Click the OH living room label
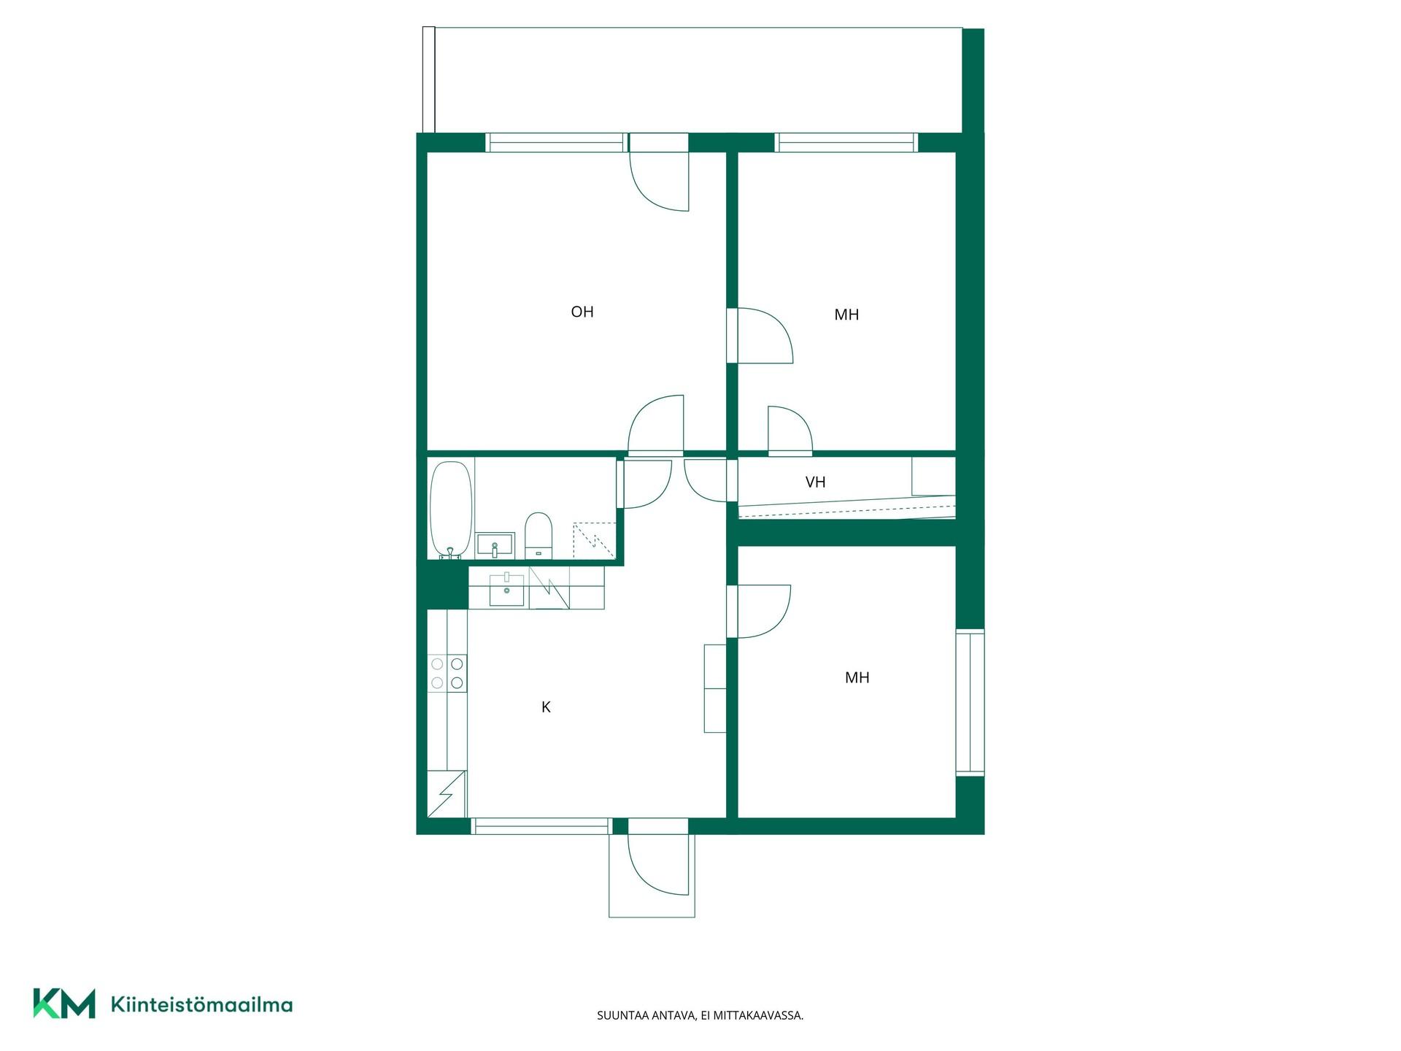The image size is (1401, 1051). [x=582, y=312]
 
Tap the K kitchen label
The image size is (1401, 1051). [x=546, y=707]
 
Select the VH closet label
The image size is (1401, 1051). [x=815, y=482]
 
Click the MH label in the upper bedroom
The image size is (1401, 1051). [x=846, y=315]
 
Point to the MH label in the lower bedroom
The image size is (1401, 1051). [x=857, y=677]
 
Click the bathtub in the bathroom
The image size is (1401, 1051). [x=451, y=509]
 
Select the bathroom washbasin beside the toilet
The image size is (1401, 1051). [x=495, y=545]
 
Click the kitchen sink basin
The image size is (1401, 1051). [x=506, y=590]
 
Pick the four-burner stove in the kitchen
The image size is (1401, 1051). [x=447, y=673]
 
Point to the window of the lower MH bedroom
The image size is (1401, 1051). [x=970, y=702]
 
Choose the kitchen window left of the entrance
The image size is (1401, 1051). [x=541, y=826]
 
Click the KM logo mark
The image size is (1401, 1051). [x=64, y=1004]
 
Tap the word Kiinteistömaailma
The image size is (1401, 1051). [x=201, y=1004]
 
